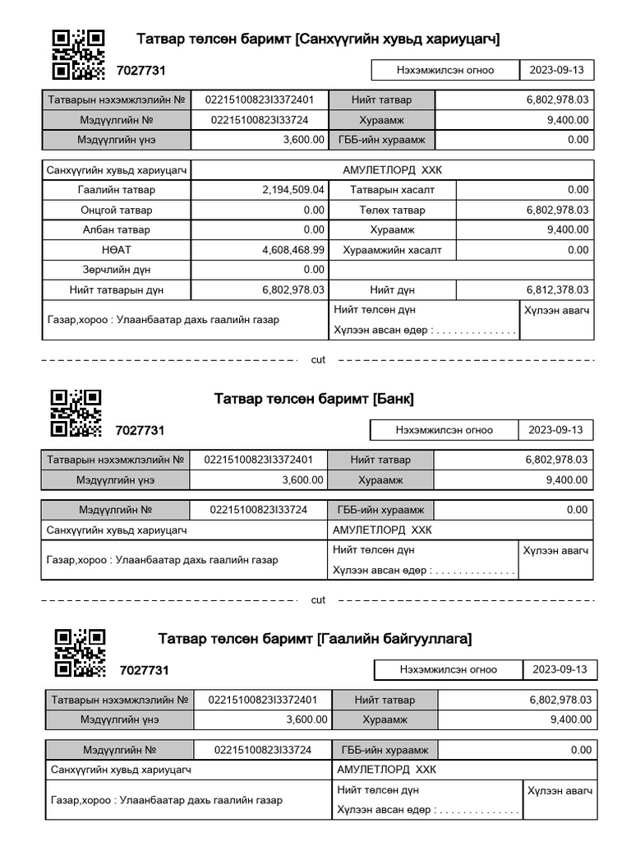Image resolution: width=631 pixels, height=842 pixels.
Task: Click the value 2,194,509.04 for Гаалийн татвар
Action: [293, 190]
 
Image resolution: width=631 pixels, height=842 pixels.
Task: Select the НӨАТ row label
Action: [116, 250]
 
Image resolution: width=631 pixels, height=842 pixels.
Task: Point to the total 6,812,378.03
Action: [557, 290]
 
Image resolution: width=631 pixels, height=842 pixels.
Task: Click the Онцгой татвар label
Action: [116, 210]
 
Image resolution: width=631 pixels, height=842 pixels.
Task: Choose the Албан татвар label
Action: [116, 230]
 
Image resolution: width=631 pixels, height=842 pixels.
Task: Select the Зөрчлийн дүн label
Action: [116, 270]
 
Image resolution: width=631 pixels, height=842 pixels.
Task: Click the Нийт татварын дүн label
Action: [116, 290]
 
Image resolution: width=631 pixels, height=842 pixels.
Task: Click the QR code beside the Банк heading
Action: [76, 413]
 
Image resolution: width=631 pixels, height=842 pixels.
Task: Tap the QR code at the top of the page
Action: [79, 54]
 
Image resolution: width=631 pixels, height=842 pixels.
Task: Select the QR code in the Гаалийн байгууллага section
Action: [80, 653]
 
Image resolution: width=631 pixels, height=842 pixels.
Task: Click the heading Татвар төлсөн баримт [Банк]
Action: [314, 400]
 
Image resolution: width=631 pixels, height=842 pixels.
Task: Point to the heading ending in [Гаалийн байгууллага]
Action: [315, 639]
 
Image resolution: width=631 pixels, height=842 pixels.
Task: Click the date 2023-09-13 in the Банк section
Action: [555, 430]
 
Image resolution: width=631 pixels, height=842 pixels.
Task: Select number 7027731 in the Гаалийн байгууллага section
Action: [144, 670]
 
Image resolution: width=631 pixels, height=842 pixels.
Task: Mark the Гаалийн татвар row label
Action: [116, 190]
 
